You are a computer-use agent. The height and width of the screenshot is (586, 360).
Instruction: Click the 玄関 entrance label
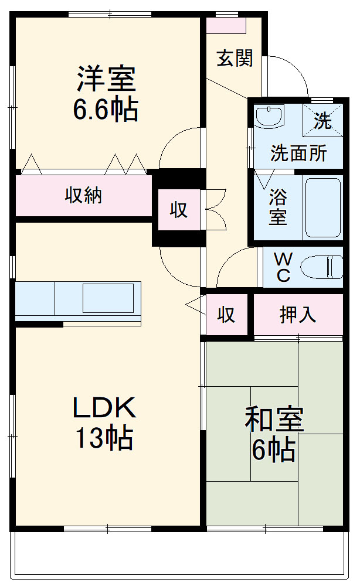tap(235, 58)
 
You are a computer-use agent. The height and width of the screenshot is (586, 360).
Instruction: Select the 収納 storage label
tap(83, 195)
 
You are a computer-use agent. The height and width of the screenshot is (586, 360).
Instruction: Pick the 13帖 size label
tap(104, 438)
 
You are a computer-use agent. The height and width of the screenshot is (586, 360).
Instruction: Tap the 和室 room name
tap(274, 420)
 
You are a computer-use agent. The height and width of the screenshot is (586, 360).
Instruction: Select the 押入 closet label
tap(298, 315)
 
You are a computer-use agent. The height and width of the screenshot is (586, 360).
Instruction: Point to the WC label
tap(283, 267)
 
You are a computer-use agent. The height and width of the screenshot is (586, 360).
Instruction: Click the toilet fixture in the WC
tap(322, 267)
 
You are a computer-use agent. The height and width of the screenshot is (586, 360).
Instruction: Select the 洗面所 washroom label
tap(298, 154)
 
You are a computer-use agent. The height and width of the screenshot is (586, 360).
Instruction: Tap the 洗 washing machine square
tap(322, 121)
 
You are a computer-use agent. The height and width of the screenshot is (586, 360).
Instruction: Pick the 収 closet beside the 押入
tap(226, 315)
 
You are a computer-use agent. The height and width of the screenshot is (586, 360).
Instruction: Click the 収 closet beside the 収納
tap(179, 209)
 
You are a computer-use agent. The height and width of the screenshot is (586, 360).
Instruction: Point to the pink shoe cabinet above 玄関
tap(226, 25)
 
